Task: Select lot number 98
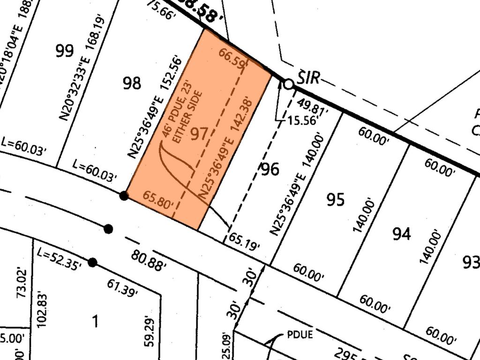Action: coord(132,83)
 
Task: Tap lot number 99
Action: coord(65,51)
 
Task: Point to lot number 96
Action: coord(270,169)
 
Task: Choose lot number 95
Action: coord(336,200)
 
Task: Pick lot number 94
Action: coord(402,233)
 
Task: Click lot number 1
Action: coord(96,322)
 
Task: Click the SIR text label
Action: coord(308,78)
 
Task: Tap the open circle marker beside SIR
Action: coord(289,84)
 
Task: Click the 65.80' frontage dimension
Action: coord(159,201)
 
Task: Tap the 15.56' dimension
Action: coord(303,121)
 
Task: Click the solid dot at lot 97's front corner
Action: coord(124,195)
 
